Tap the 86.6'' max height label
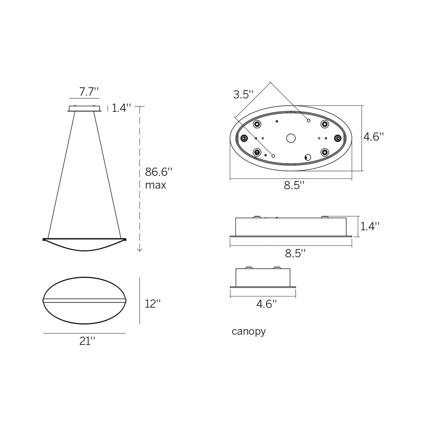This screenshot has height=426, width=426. tap(158, 178)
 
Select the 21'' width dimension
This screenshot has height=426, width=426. tap(87, 341)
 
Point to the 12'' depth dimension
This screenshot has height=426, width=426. tap(153, 304)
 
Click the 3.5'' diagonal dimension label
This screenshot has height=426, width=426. tap(243, 95)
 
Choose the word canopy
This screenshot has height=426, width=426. tap(249, 331)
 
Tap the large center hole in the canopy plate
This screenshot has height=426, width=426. tap(291, 138)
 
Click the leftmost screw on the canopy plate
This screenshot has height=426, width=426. tap(244, 138)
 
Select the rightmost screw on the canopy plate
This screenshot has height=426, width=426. tap(338, 138)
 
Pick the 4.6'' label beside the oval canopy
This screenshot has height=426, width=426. tap(374, 137)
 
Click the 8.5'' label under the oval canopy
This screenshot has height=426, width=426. tap(294, 185)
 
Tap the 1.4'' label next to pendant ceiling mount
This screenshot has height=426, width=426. tap(121, 108)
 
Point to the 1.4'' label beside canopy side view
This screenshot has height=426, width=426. tap(370, 226)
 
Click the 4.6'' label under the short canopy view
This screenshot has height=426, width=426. tap(267, 304)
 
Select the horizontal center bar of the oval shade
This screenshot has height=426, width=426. tap(85, 300)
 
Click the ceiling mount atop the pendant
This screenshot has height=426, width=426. tap(85, 108)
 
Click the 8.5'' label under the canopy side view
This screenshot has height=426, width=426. tap(295, 253)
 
